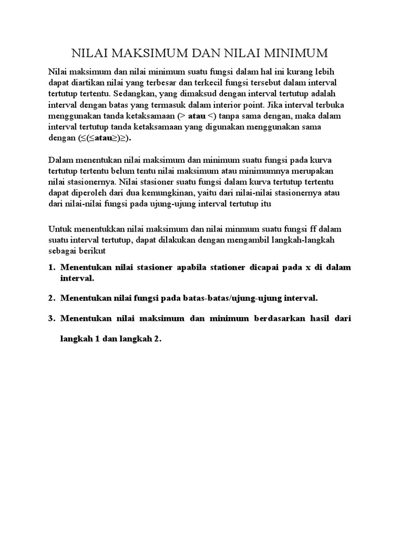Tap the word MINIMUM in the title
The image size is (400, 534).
click(297, 53)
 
